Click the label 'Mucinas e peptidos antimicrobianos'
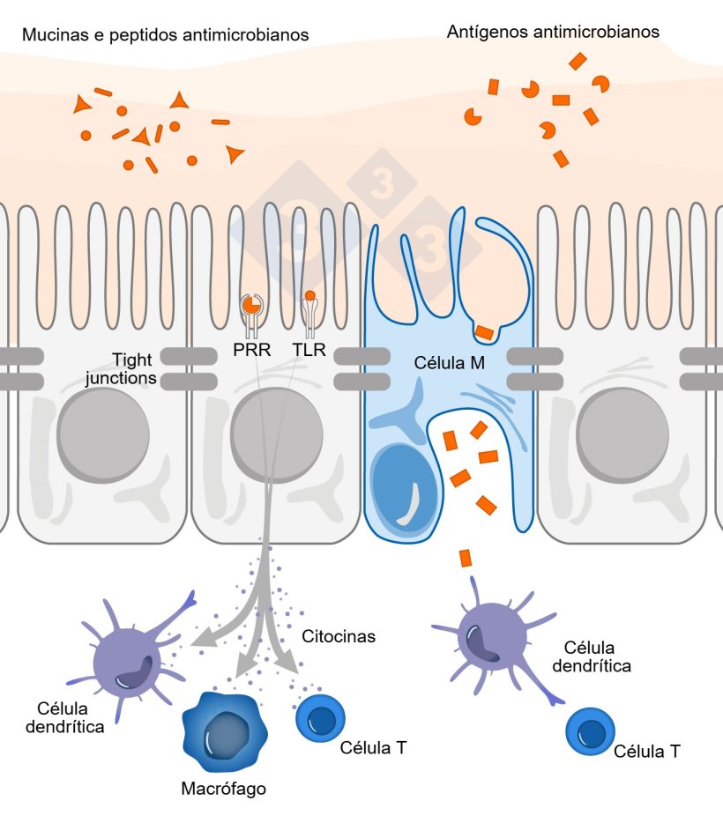click(x=166, y=35)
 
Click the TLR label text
click(x=309, y=351)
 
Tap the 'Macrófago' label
click(x=223, y=788)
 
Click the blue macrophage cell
click(x=223, y=728)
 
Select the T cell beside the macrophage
click(x=319, y=717)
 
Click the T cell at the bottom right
click(x=591, y=730)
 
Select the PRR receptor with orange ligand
click(x=251, y=308)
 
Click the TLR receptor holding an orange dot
click(x=309, y=308)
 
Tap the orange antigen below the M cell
click(x=465, y=558)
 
